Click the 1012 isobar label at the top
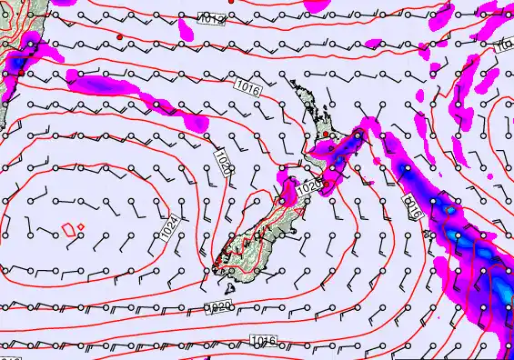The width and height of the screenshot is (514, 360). pyautogui.click(x=210, y=20)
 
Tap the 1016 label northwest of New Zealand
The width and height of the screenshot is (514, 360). pyautogui.click(x=247, y=87)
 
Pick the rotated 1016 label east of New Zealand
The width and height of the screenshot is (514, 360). pyautogui.click(x=412, y=205)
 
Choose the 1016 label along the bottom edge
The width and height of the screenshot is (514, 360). pyautogui.click(x=263, y=341)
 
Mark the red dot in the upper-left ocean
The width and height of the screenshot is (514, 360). pyautogui.click(x=119, y=36)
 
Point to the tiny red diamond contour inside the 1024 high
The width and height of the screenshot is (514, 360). pyautogui.click(x=81, y=225)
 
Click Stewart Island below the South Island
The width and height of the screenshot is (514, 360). pyautogui.click(x=217, y=266)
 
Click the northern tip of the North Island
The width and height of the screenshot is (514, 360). pyautogui.click(x=293, y=81)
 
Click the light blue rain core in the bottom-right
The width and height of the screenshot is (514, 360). pyautogui.click(x=501, y=291)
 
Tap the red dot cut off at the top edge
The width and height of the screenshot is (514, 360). pyautogui.click(x=233, y=2)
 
